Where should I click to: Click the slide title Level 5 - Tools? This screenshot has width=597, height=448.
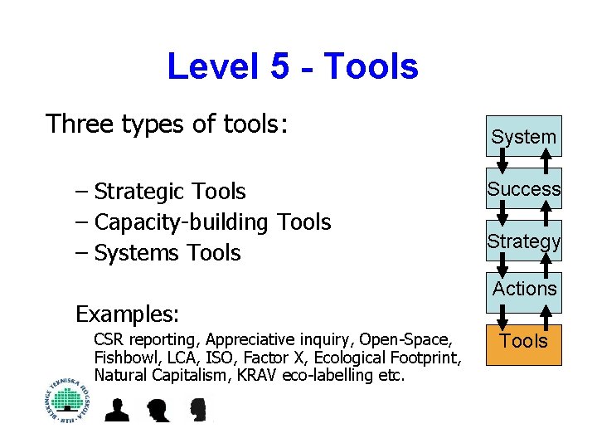tap(292, 66)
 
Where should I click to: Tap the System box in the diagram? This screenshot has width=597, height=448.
tap(523, 136)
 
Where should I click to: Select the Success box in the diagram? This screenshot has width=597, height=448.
tap(523, 189)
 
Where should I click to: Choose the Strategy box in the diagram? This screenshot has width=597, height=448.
tap(523, 241)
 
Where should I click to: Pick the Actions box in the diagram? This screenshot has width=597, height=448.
tap(523, 290)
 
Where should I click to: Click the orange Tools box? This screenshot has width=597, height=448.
tap(523, 341)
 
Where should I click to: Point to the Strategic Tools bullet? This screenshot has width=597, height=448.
tap(169, 192)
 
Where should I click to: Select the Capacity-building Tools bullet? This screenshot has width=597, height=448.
tap(212, 222)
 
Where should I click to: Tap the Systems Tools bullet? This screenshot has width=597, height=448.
tap(167, 253)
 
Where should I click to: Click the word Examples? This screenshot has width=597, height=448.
tap(127, 314)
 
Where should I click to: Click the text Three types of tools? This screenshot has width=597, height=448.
tap(167, 124)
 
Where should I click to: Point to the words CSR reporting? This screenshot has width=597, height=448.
tap(146, 340)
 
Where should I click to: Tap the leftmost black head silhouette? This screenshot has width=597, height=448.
tap(116, 409)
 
